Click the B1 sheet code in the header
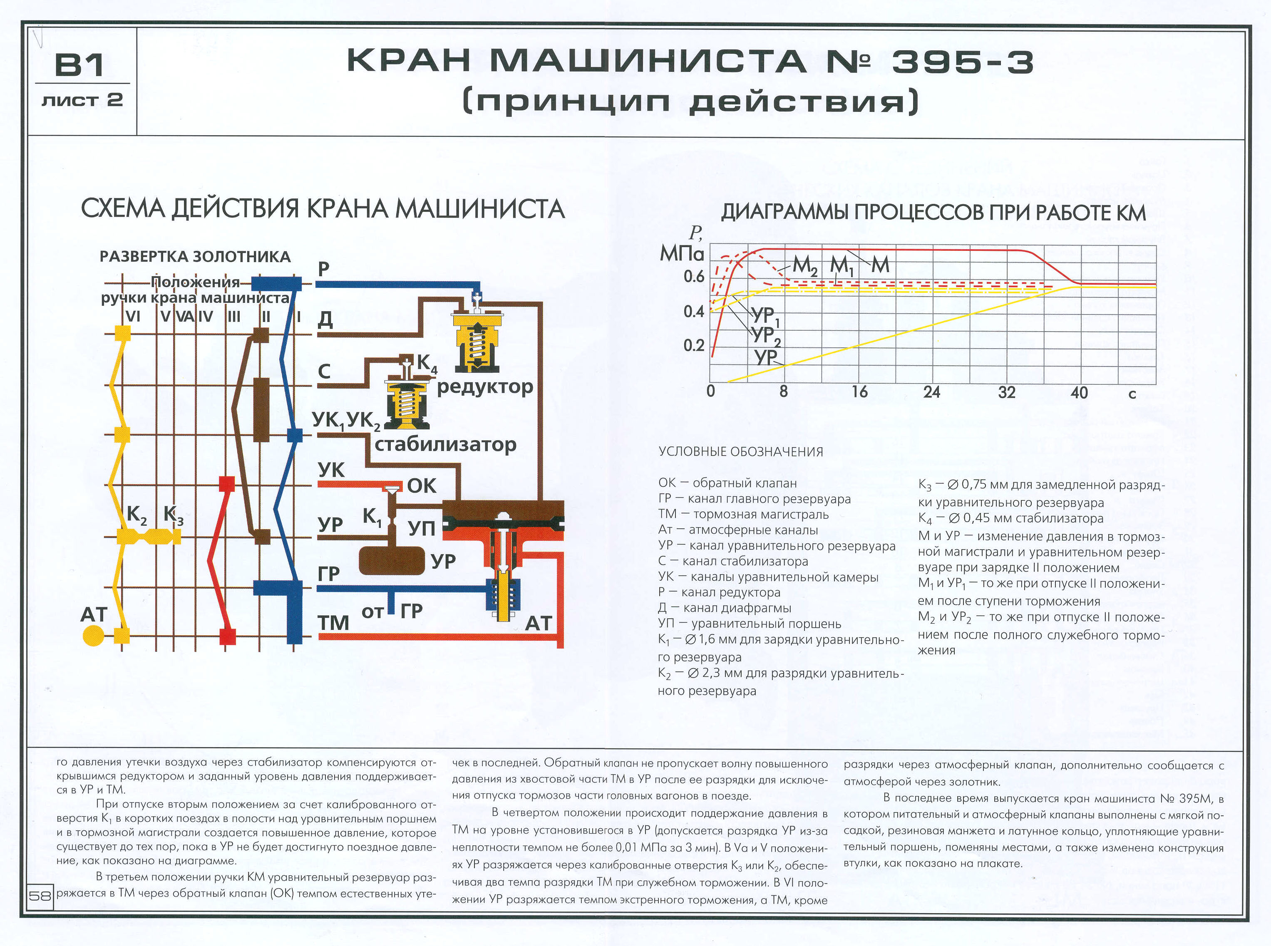click(x=79, y=65)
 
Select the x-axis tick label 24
click(x=931, y=392)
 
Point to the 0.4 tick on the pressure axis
click(x=694, y=312)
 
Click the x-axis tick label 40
click(x=1079, y=393)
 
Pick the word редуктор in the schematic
click(x=484, y=387)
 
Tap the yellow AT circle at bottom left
click(x=93, y=636)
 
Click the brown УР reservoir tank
click(x=392, y=561)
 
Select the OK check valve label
click(x=422, y=485)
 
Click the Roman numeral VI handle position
click(x=132, y=316)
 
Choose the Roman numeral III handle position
click(x=234, y=316)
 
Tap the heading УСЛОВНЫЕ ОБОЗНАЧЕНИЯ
click(x=741, y=452)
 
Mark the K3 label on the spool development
click(x=173, y=515)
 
